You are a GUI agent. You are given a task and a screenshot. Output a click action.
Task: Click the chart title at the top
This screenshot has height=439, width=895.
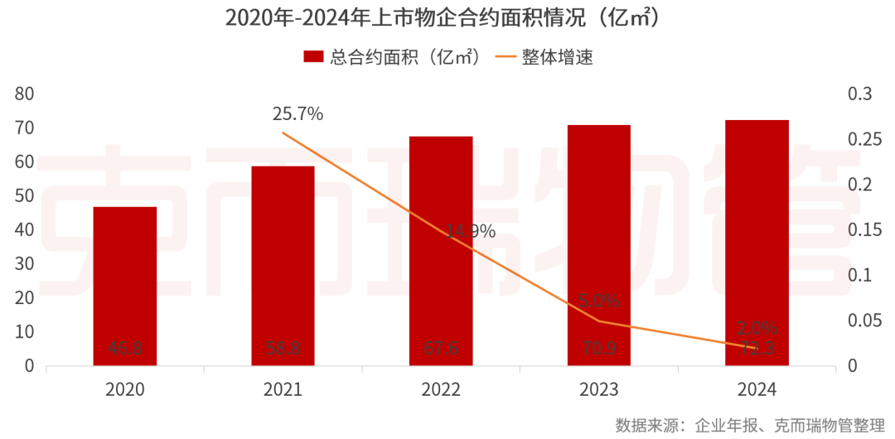[x=447, y=18]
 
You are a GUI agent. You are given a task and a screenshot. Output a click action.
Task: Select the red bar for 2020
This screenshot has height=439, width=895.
[x=125, y=286]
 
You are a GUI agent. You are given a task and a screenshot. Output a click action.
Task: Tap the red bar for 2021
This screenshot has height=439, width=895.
[x=283, y=265]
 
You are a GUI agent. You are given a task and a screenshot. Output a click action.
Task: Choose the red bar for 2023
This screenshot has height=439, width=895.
[x=599, y=244]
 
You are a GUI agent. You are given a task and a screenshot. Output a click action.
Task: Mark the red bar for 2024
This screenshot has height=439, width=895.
[x=757, y=242]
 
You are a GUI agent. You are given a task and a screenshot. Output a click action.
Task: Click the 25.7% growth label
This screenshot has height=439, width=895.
[x=298, y=114]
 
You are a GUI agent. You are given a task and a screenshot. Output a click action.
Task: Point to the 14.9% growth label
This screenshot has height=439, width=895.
[x=470, y=232]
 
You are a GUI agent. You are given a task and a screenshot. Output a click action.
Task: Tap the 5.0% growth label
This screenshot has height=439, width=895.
[x=600, y=301]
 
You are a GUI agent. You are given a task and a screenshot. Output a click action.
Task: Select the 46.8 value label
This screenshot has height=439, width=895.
[x=125, y=349]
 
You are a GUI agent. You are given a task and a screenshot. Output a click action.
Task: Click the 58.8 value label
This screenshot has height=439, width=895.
[x=283, y=349]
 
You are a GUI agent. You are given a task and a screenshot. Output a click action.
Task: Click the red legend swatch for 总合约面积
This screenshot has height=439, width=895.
[x=313, y=57]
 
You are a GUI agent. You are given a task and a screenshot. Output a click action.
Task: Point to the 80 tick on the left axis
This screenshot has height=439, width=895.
[x=24, y=94]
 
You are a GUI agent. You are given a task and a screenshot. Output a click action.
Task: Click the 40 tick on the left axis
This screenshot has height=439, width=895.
[x=24, y=229]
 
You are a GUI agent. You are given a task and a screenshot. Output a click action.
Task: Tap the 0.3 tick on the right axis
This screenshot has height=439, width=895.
[x=860, y=94]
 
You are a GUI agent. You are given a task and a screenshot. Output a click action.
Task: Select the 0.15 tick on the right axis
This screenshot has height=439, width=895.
[x=864, y=229]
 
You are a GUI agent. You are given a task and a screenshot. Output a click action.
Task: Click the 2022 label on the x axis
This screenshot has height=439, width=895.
[x=441, y=389]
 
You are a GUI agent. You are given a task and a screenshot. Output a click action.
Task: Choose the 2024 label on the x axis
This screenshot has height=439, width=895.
[x=757, y=389]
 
